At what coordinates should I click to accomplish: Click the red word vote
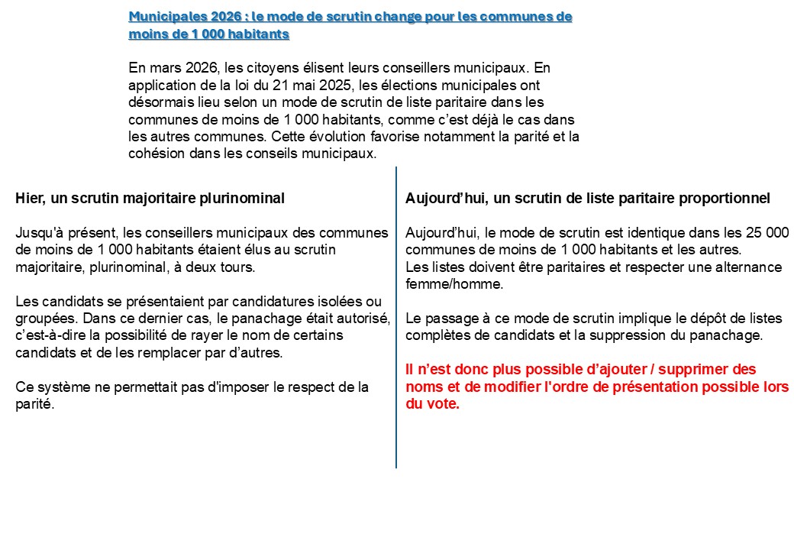point(444,404)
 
